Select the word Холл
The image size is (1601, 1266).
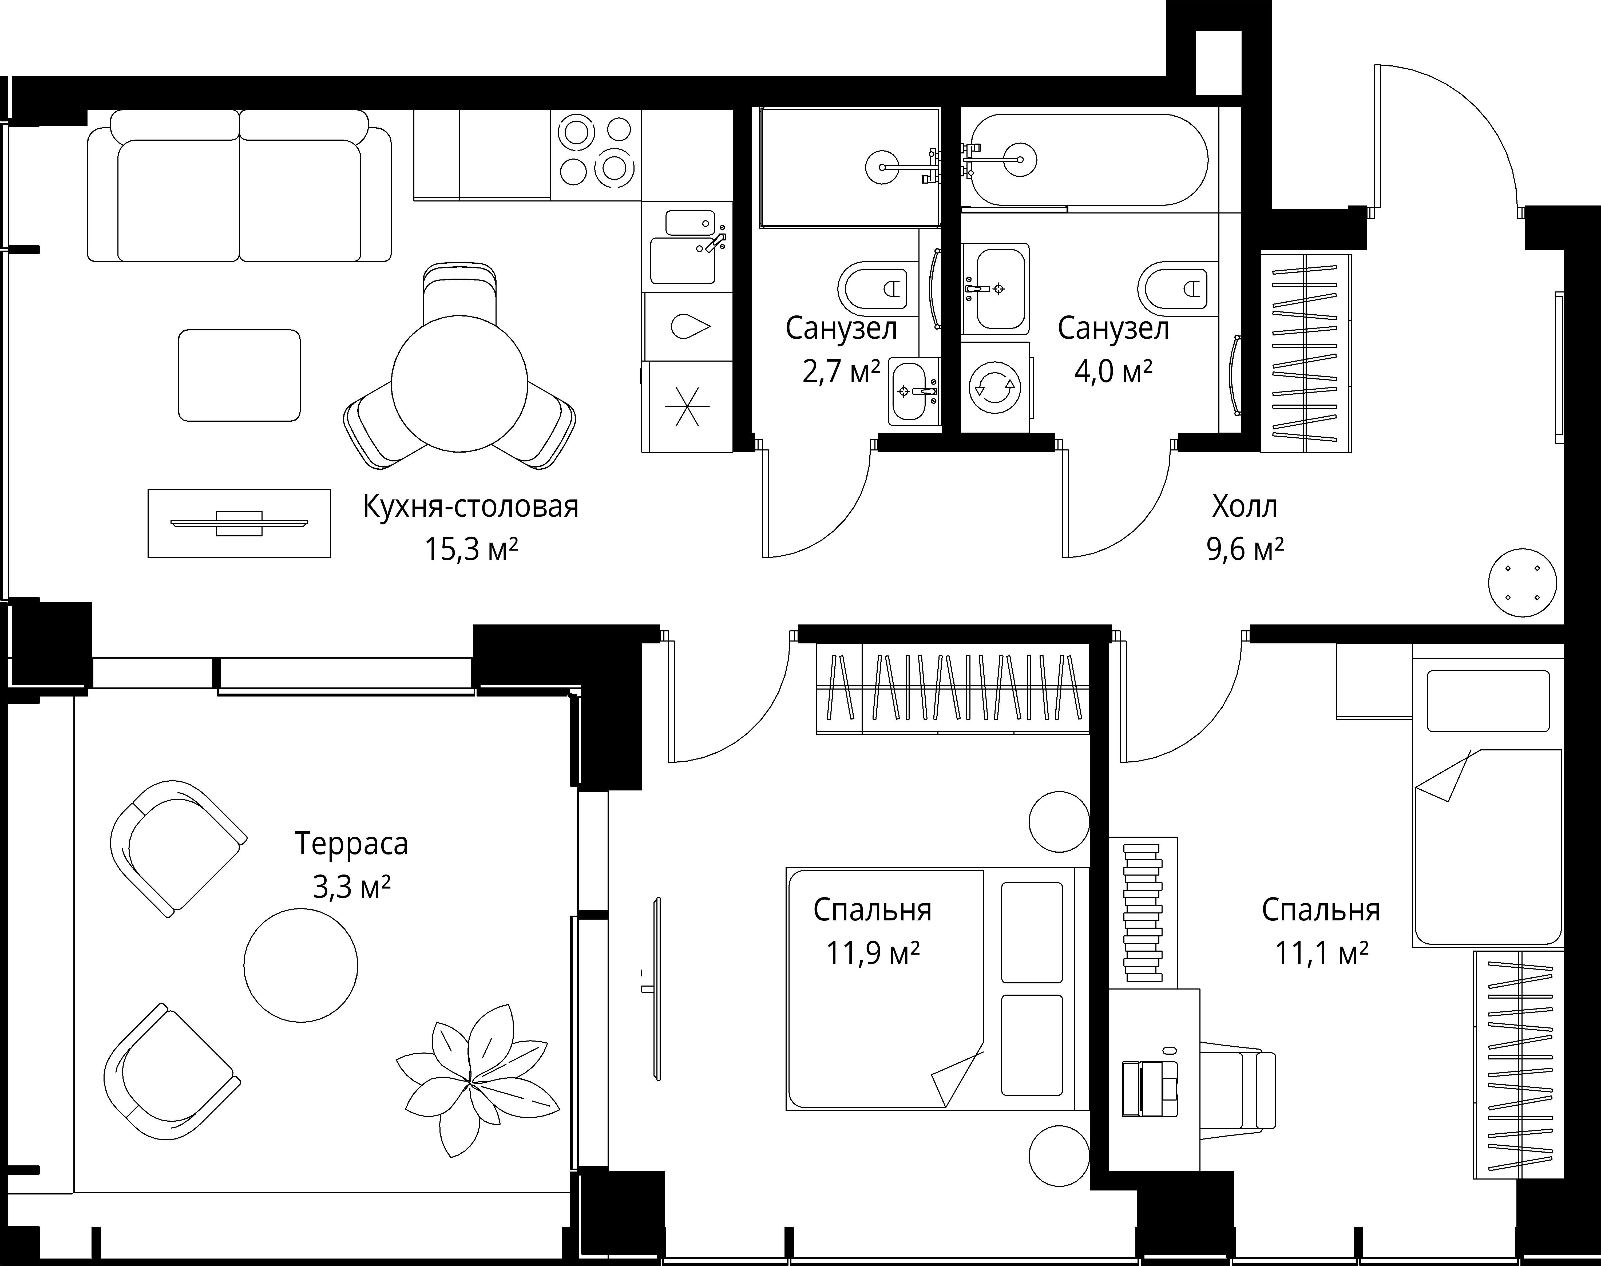coord(1245,507)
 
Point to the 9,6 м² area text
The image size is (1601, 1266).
coord(1245,549)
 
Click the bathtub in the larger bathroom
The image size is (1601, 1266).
coord(1089,159)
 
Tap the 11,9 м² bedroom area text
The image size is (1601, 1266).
coord(873,952)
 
